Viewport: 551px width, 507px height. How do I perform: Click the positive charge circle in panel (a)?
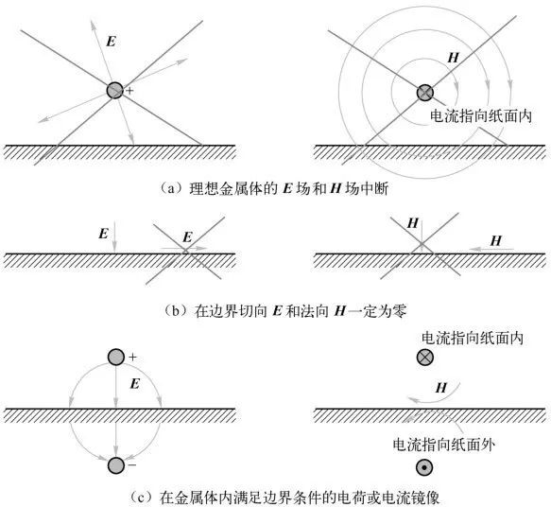[115, 90]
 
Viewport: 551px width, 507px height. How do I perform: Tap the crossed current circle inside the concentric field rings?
[425, 93]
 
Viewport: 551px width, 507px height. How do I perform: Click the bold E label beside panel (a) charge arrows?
[111, 42]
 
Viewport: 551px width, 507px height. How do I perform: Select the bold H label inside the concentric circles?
[454, 58]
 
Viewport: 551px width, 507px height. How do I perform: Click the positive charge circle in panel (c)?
[116, 357]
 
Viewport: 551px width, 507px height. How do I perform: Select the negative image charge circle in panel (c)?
[116, 465]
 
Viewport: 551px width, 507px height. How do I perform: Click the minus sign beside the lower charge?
[132, 464]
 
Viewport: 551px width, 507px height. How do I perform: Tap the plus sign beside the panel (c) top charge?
[132, 358]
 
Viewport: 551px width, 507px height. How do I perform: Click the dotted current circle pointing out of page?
[424, 467]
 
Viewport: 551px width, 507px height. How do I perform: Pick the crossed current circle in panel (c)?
[425, 358]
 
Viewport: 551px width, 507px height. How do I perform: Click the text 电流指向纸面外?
[444, 445]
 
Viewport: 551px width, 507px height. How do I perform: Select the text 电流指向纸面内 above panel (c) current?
[473, 339]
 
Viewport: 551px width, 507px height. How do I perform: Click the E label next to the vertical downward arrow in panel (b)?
[103, 234]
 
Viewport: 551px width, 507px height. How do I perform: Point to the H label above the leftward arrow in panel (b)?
[496, 241]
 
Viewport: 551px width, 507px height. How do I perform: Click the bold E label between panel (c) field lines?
[135, 383]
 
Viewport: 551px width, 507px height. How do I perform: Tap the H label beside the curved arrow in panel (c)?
[441, 388]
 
